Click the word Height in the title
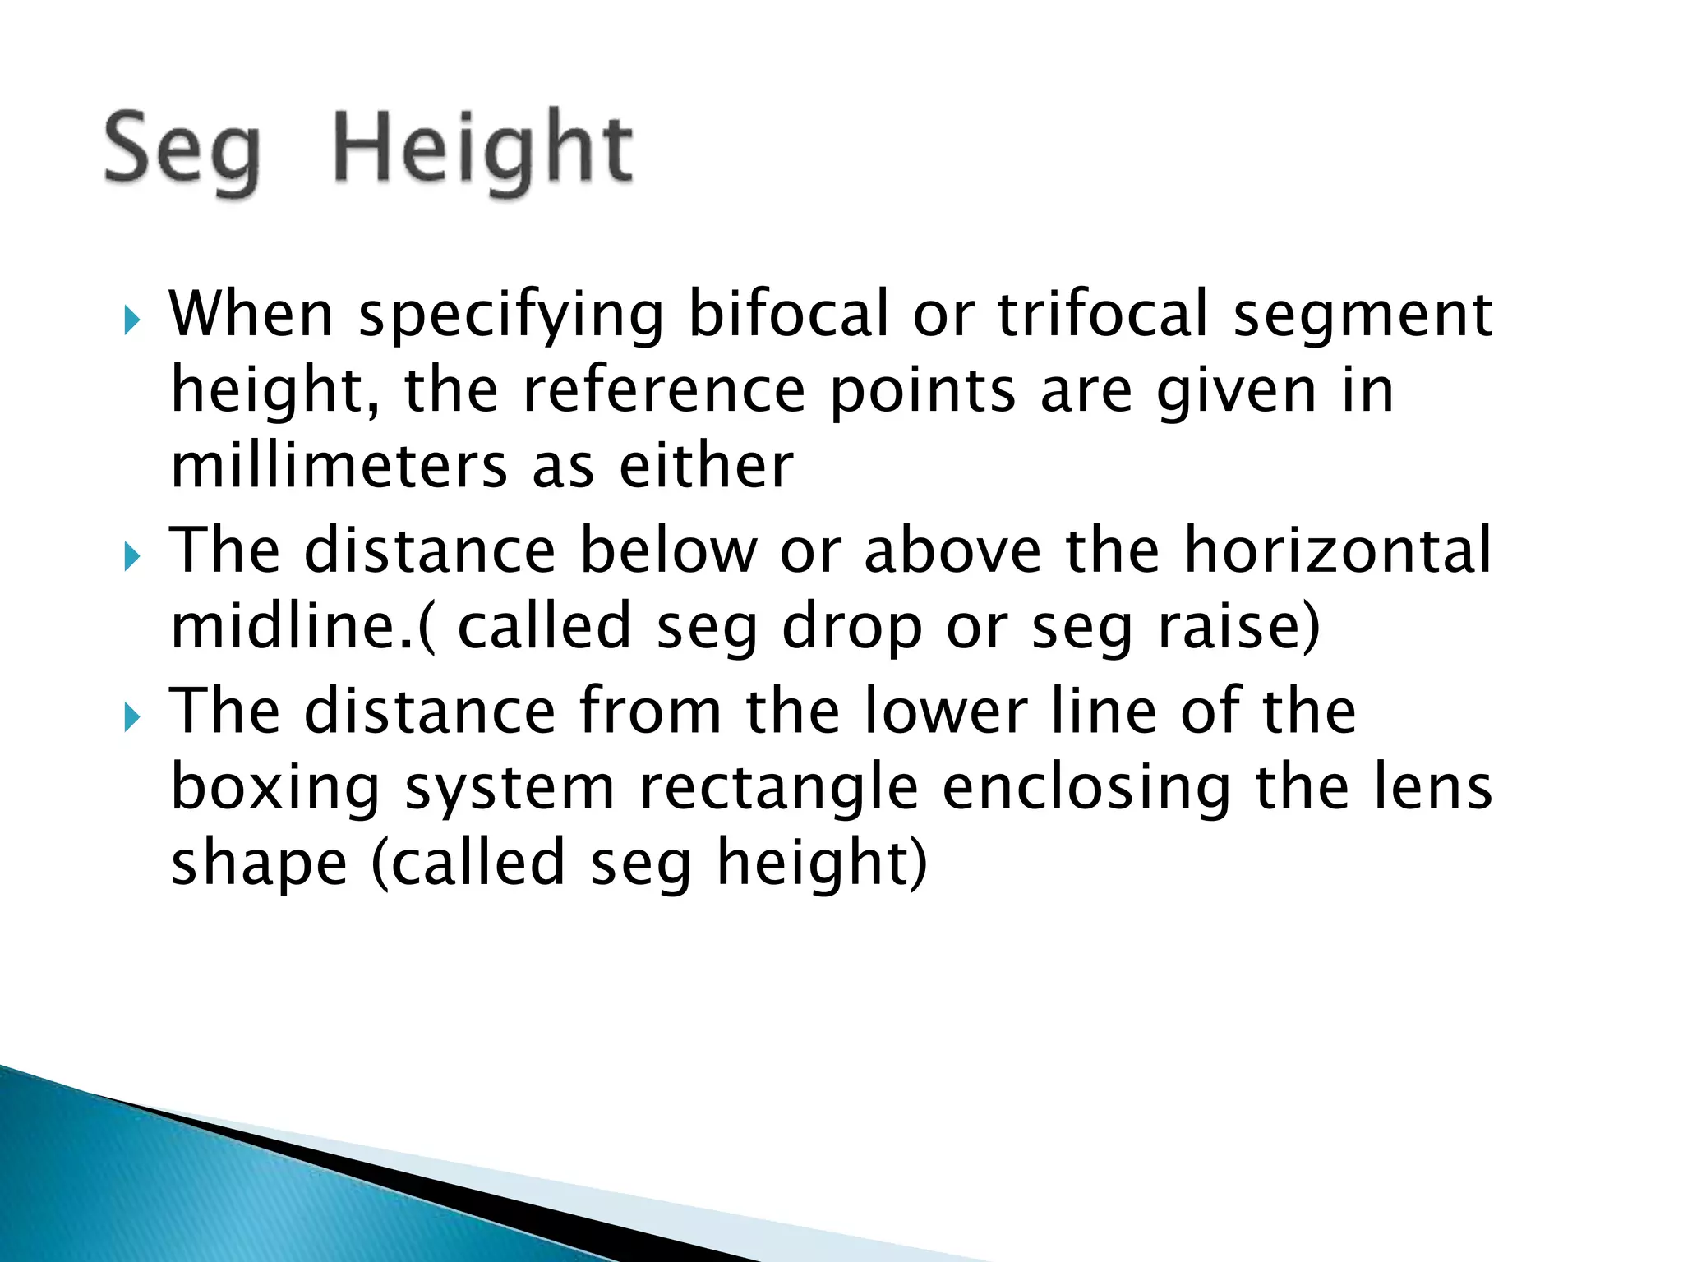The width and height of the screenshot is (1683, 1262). (x=483, y=150)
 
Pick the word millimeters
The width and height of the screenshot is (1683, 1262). (x=339, y=466)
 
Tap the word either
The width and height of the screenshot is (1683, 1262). (x=707, y=466)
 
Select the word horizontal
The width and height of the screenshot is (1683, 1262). (x=1337, y=550)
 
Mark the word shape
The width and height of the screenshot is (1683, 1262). (x=259, y=864)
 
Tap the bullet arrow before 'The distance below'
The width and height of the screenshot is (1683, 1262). (x=131, y=557)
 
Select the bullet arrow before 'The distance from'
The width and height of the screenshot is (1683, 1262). (x=131, y=718)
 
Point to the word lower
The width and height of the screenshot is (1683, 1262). (x=945, y=712)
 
